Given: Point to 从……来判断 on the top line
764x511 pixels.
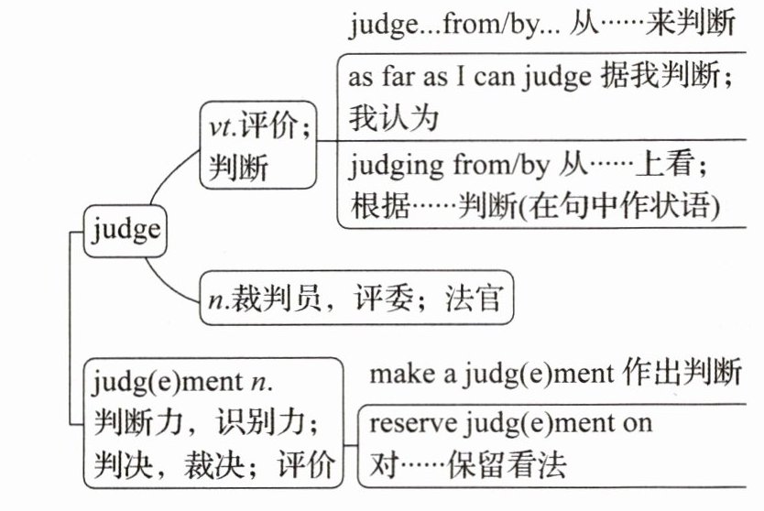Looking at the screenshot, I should pyautogui.click(x=653, y=25).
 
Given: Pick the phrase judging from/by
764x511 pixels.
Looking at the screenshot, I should pyautogui.click(x=448, y=166).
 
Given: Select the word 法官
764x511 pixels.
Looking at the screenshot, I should pyautogui.click(x=475, y=299).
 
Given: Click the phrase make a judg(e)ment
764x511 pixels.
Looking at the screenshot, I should pyautogui.click(x=490, y=375).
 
